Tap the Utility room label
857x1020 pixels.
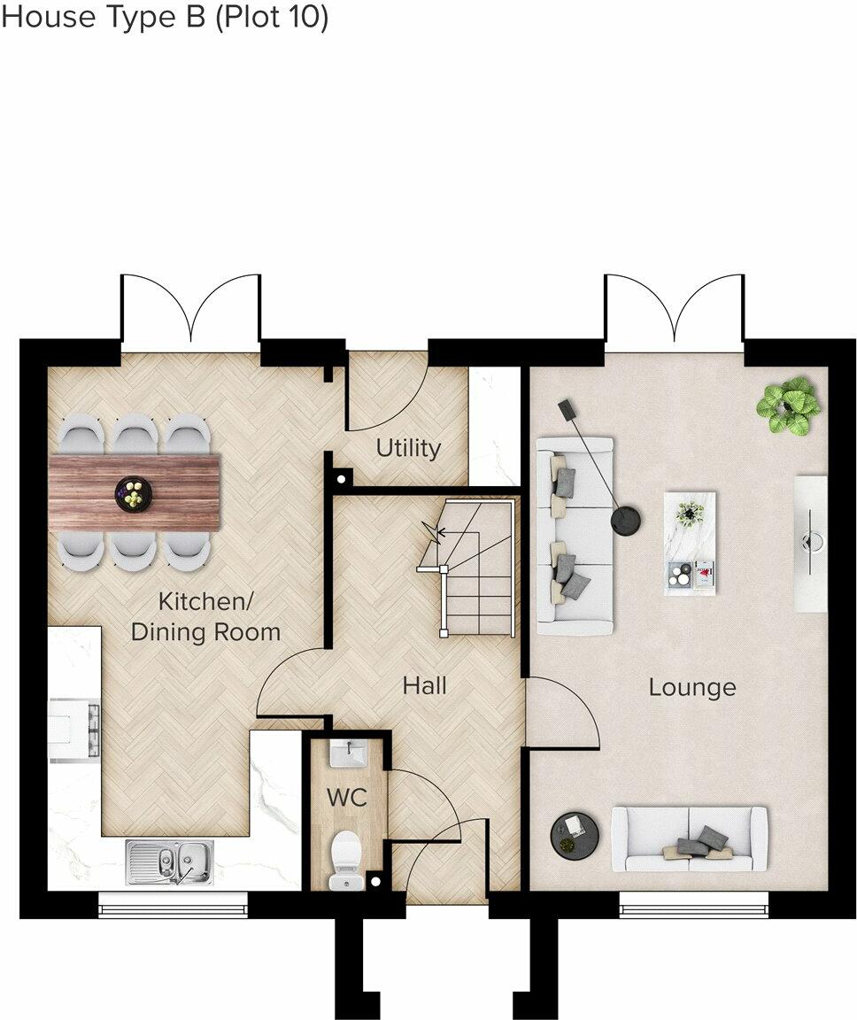tap(408, 448)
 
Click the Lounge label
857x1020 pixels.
tap(692, 687)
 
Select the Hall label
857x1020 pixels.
tap(424, 685)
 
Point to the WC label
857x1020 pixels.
tap(347, 797)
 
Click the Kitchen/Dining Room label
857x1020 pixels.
tap(205, 617)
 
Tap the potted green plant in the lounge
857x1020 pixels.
tap(785, 406)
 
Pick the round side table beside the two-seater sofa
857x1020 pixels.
tap(575, 835)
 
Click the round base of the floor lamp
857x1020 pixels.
tap(628, 520)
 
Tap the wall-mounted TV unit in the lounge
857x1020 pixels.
tap(810, 544)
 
